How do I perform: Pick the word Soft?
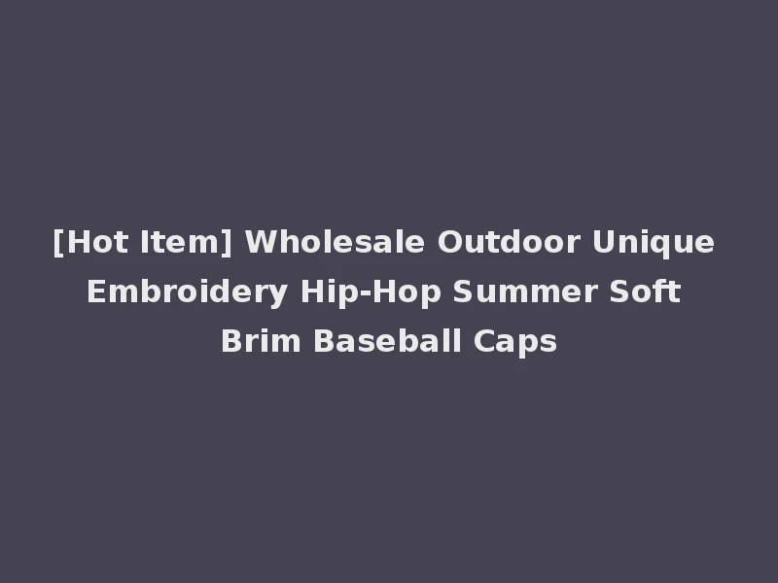646,291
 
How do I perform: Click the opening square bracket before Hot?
57,242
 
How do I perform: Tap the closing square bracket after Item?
228,242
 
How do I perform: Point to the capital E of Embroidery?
94,291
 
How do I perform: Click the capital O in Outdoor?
447,241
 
